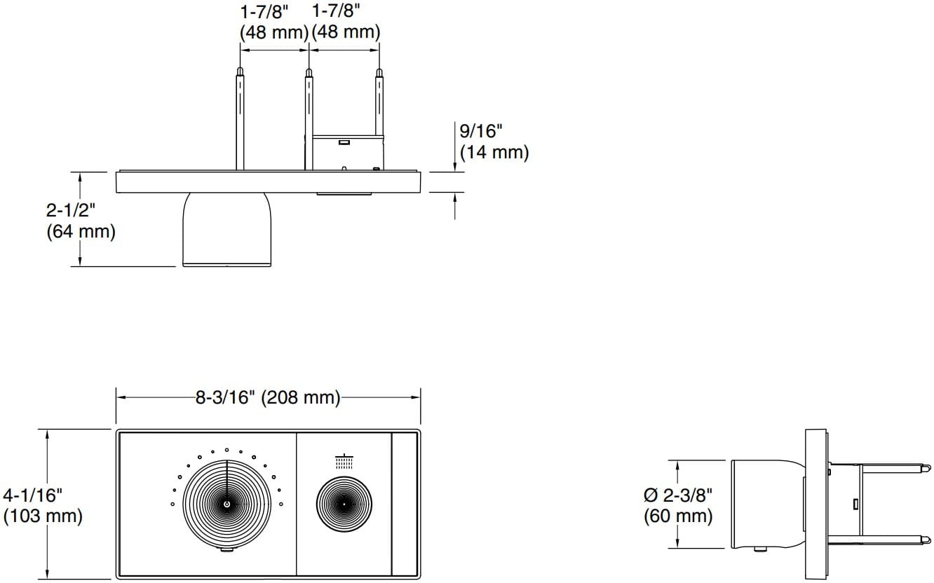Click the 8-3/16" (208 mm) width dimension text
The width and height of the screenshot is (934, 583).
click(x=267, y=398)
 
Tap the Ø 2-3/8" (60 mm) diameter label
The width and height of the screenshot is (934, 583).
click(x=678, y=506)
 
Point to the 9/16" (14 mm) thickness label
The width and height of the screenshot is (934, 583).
click(x=494, y=142)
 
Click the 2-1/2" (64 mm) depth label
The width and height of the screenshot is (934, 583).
click(x=80, y=221)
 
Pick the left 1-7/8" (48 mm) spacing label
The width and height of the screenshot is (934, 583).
click(x=273, y=22)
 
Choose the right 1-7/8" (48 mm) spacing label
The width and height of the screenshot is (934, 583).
click(x=346, y=22)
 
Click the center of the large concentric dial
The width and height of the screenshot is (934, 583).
click(x=226, y=503)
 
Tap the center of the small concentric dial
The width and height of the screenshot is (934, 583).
click(x=344, y=503)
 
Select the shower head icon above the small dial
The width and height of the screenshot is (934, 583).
click(x=344, y=462)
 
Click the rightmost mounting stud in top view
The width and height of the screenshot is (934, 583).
click(x=379, y=105)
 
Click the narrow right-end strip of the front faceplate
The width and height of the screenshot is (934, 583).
click(x=405, y=503)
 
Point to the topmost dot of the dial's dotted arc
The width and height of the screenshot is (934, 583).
click(x=226, y=450)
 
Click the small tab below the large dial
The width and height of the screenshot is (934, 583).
click(x=226, y=551)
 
